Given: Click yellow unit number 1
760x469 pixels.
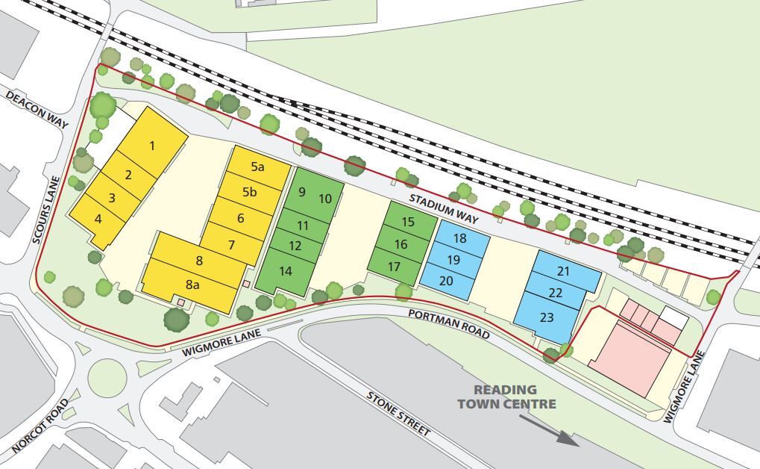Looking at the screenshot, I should tap(152, 146).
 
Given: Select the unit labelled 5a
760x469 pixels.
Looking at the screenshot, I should tap(257, 167).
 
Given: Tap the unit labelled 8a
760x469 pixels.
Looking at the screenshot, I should tap(192, 284).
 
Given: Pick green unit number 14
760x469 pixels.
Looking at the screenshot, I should tap(286, 271).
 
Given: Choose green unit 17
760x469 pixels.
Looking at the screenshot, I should tap(394, 267).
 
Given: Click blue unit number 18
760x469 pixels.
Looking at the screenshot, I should tap(459, 238).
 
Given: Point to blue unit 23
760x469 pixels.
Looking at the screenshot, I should tap(547, 317).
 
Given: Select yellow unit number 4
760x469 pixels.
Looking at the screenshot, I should tap(98, 220).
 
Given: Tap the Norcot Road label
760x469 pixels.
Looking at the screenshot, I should tap(40, 426).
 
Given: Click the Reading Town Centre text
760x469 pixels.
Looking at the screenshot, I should tap(506, 397).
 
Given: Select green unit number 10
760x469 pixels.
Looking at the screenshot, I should tap(325, 198).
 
